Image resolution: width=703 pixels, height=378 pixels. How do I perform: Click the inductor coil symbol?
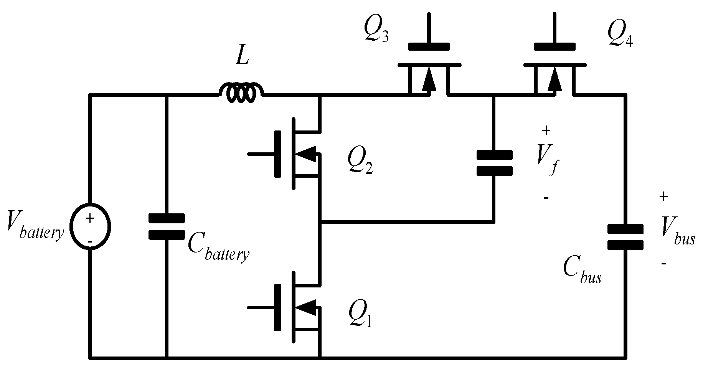point(241,93)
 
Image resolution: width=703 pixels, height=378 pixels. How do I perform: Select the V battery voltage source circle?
point(90,226)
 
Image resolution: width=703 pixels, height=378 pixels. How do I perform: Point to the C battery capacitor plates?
point(167,226)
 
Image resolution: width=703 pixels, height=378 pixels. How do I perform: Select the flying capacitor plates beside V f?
point(494,163)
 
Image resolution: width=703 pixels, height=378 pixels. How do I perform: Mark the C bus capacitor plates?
point(625,237)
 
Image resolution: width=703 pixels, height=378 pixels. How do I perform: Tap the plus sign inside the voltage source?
point(90,219)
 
